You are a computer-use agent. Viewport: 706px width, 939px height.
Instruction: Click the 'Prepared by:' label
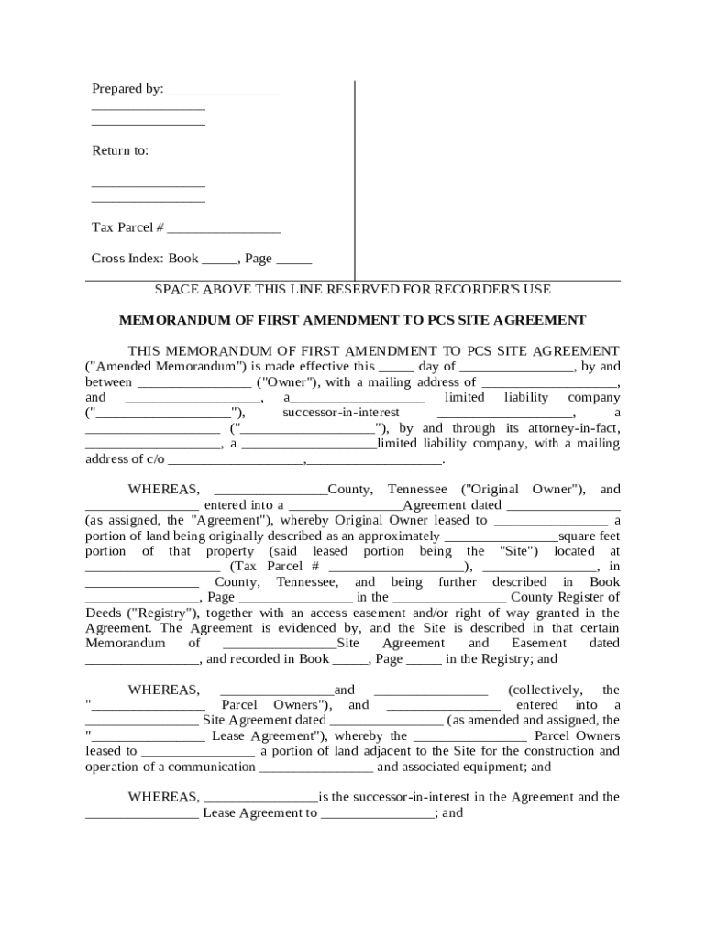(x=127, y=89)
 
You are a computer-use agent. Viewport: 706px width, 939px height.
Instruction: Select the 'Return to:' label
(x=119, y=150)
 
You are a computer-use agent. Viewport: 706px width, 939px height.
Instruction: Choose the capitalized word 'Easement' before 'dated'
(x=540, y=644)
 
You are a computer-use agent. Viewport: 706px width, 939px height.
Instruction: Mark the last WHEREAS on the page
(x=163, y=797)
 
